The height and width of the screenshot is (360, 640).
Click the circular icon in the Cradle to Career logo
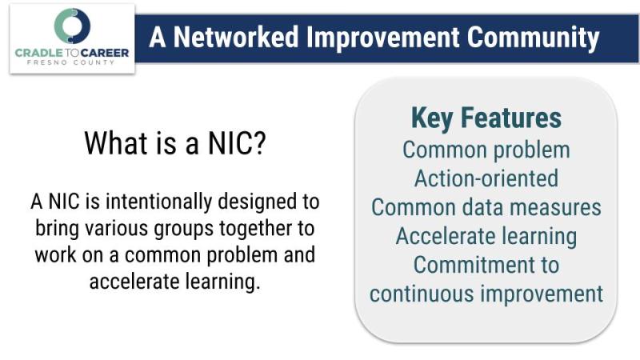point(72,26)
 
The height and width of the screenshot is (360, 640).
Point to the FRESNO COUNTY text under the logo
point(71,62)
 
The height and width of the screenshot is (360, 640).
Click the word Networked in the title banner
point(236,37)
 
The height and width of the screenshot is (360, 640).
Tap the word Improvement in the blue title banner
point(383,38)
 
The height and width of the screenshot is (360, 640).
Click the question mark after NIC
point(259,143)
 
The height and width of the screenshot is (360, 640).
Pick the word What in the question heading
point(116,143)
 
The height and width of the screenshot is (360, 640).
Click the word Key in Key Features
point(432,118)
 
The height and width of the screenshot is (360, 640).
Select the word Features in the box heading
point(510,118)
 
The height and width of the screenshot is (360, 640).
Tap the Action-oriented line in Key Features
point(486,178)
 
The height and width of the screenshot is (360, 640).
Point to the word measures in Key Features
point(555,208)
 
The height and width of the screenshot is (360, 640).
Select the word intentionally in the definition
point(158,202)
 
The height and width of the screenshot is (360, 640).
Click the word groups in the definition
point(184,229)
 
